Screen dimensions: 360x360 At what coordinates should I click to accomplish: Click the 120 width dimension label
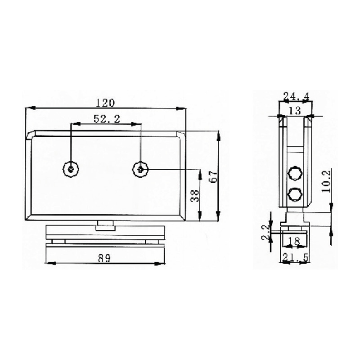click(x=105, y=103)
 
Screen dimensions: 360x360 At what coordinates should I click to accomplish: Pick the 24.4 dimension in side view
click(x=295, y=96)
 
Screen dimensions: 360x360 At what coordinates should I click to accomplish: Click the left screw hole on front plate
click(x=72, y=169)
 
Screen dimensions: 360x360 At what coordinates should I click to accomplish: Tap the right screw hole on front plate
click(x=140, y=169)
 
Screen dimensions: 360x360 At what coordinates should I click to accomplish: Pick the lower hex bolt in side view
click(x=295, y=194)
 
